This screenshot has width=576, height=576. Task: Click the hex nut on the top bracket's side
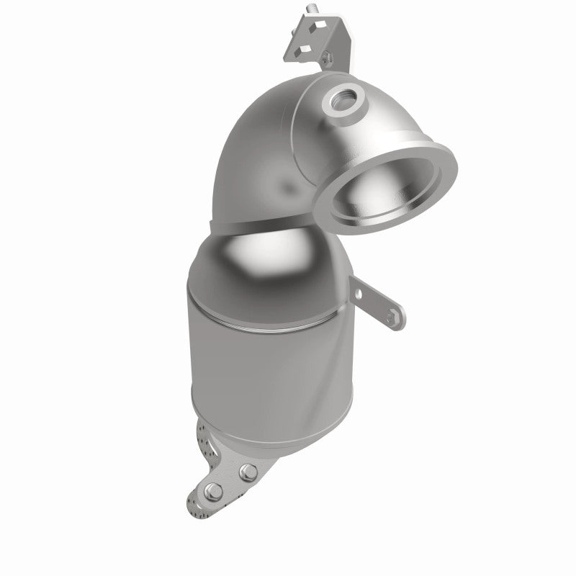(328, 55)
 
